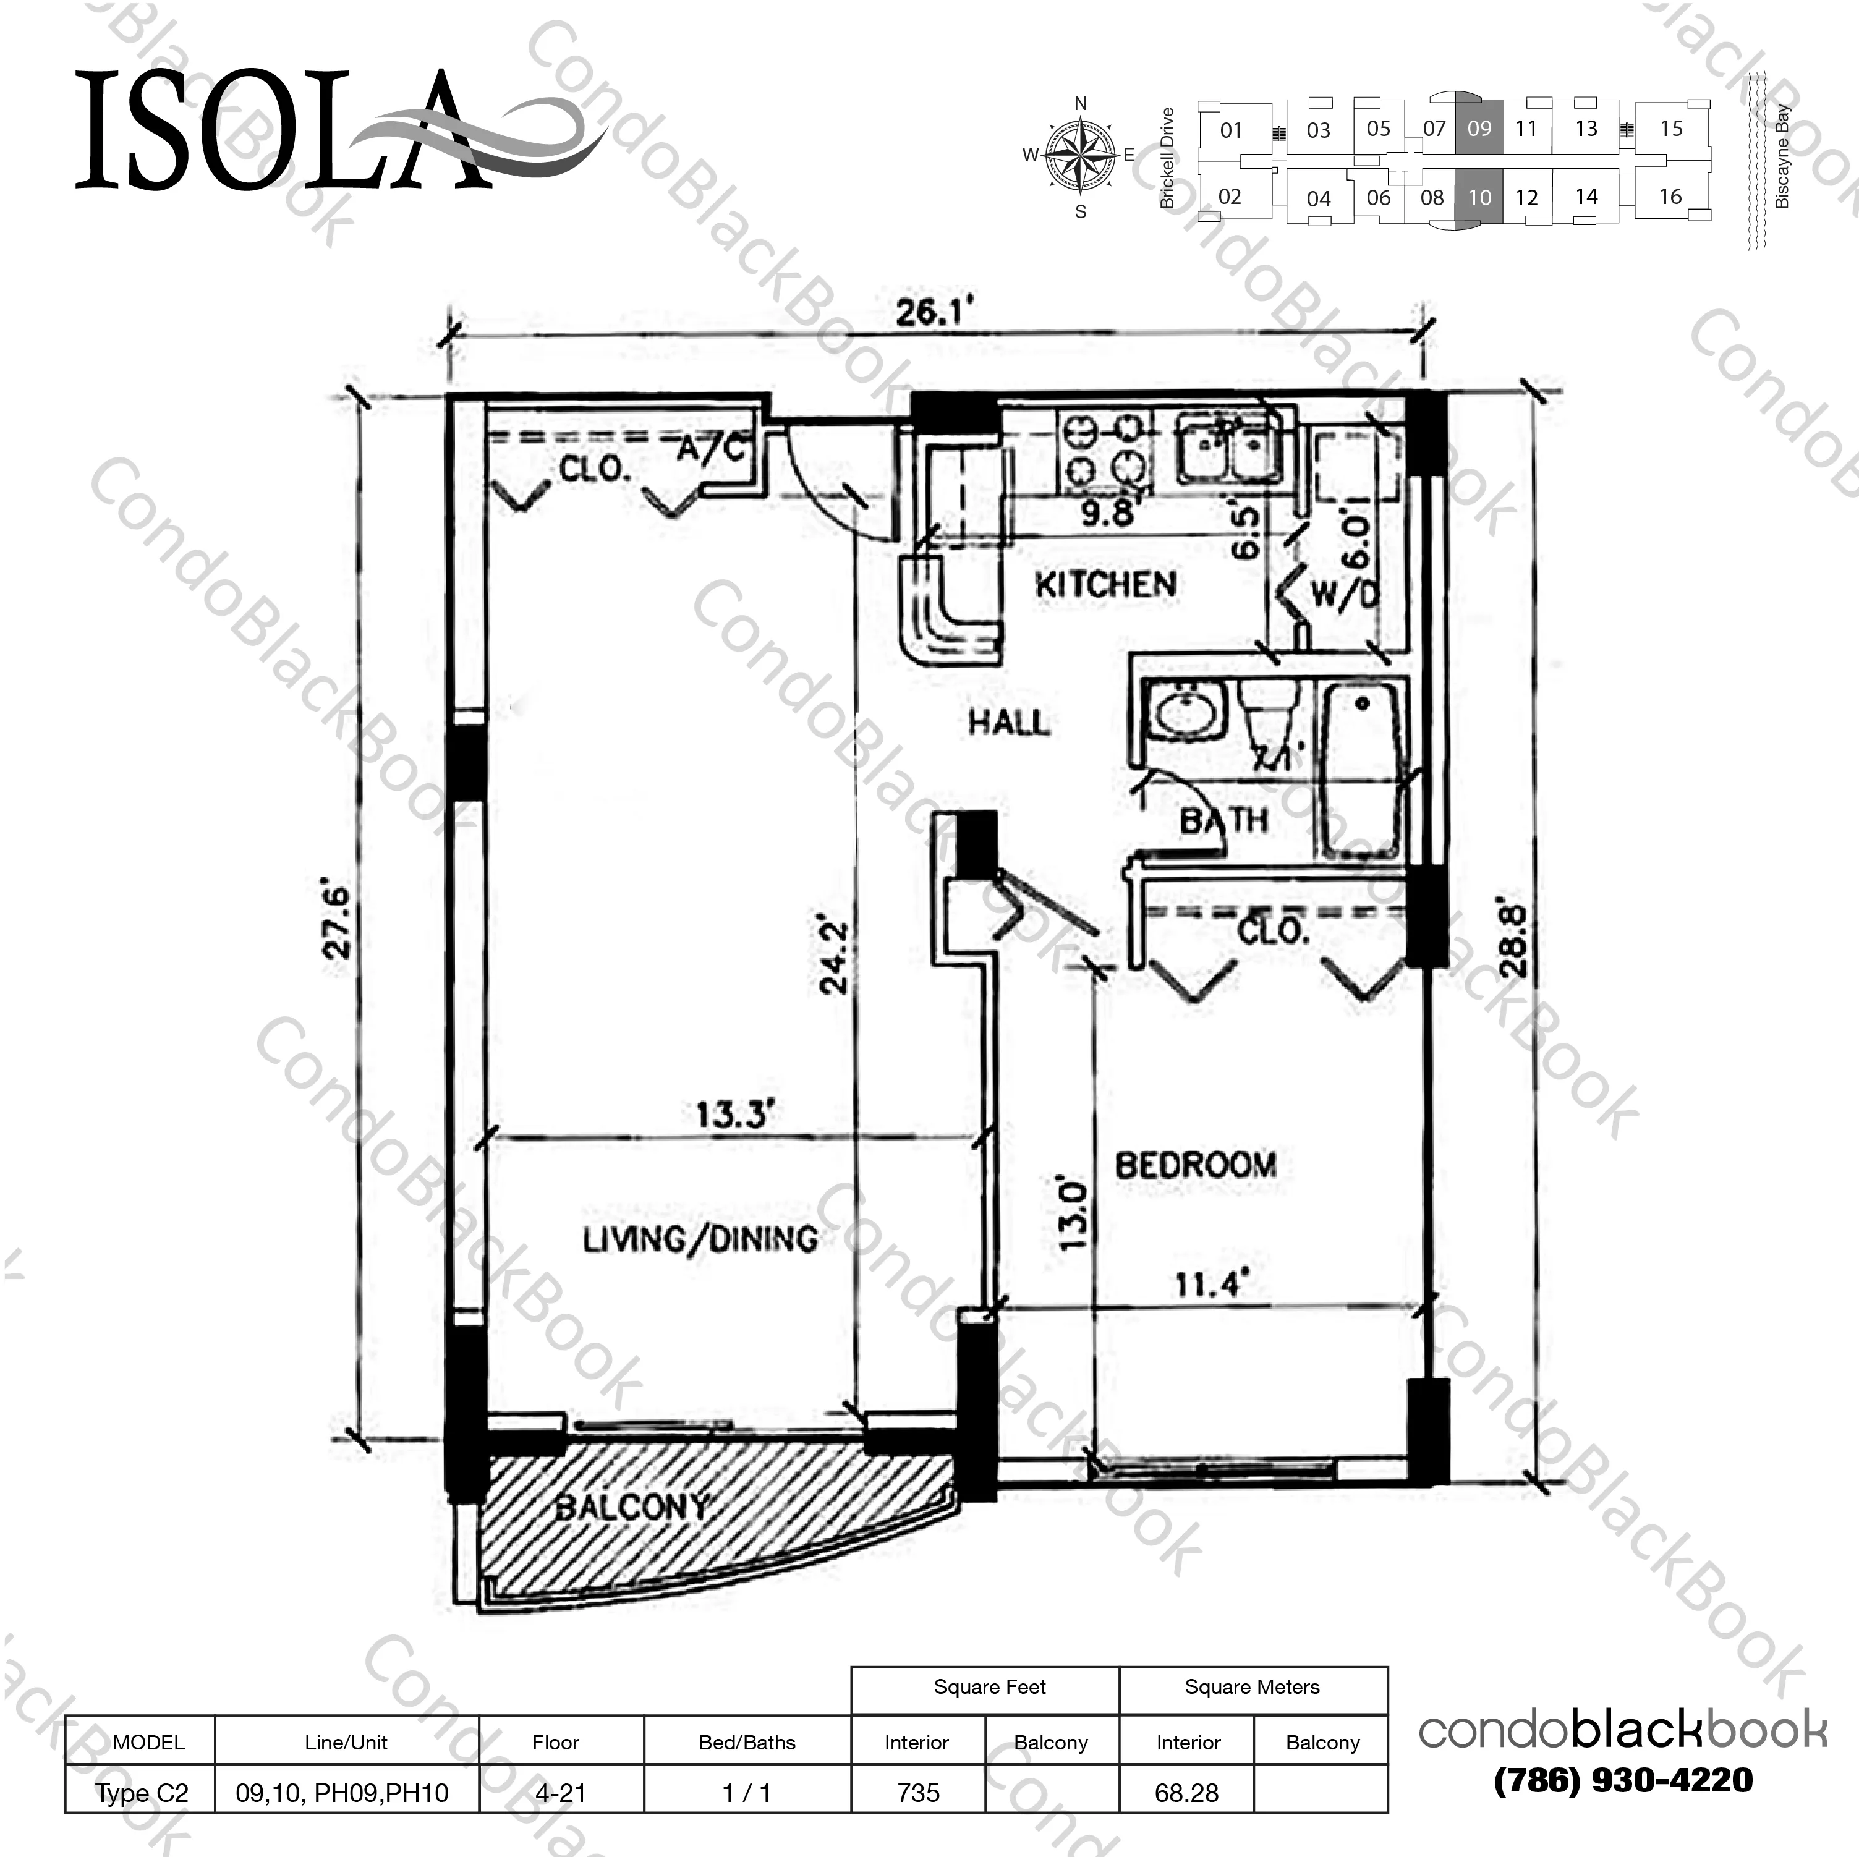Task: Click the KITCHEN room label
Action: [x=1105, y=584]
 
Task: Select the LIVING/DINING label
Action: [x=700, y=1239]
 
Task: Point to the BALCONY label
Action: [x=632, y=1506]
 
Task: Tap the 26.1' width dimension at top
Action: [x=934, y=313]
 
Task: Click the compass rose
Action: [x=1081, y=154]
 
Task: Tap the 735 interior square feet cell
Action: [x=918, y=1793]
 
